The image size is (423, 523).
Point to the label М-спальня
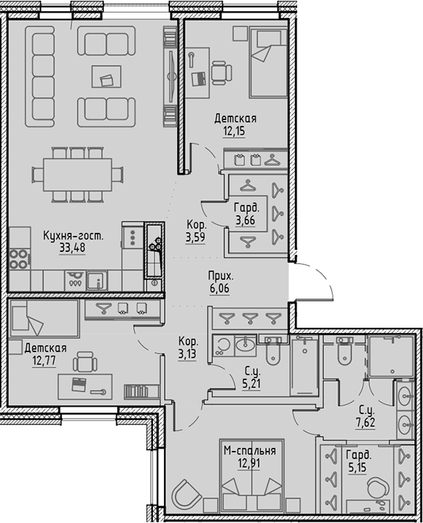coord(249,451)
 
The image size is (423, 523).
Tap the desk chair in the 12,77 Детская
coord(85,361)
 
